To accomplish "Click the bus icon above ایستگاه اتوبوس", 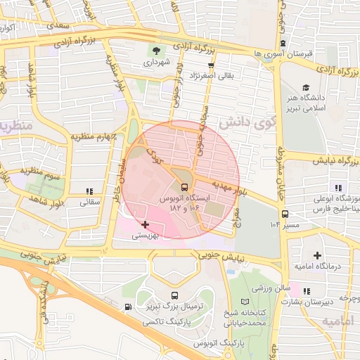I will [184, 188].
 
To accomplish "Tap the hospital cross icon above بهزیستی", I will [146, 225].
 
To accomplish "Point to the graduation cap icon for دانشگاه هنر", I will [305, 87].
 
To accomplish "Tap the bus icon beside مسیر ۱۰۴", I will [285, 214].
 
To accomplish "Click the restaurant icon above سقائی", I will [89, 191].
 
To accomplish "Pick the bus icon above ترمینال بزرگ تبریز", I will [174, 295].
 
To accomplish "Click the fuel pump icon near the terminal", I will [127, 307].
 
